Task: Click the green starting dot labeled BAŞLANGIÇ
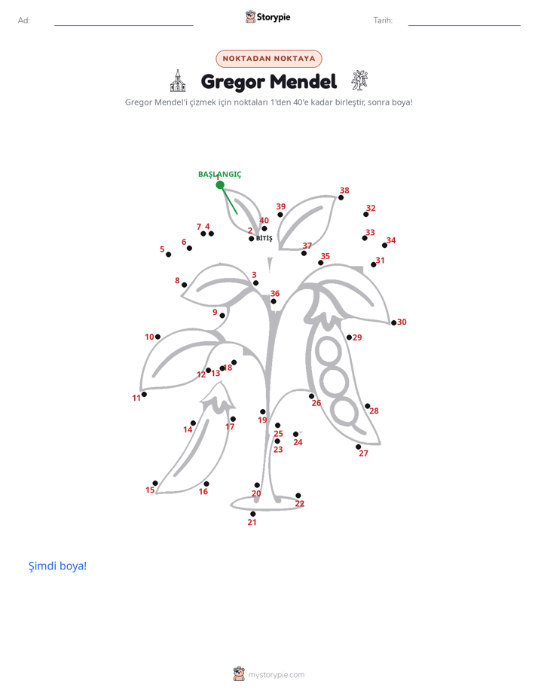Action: pyautogui.click(x=220, y=185)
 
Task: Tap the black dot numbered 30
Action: pyautogui.click(x=394, y=322)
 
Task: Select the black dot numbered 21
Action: pyautogui.click(x=253, y=514)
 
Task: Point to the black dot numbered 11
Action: pyautogui.click(x=144, y=394)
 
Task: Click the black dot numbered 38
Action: pyautogui.click(x=341, y=197)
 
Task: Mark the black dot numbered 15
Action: pyautogui.click(x=155, y=483)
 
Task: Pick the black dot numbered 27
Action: pyautogui.click(x=358, y=447)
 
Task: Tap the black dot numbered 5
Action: pyautogui.click(x=168, y=255)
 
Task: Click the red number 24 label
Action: pyautogui.click(x=298, y=442)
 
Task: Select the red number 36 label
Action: pyautogui.click(x=275, y=294)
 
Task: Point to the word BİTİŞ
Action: pyautogui.click(x=264, y=238)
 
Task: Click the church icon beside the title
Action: pyautogui.click(x=178, y=81)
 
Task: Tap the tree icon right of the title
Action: pyautogui.click(x=359, y=81)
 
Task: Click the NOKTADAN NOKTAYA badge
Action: pyautogui.click(x=269, y=59)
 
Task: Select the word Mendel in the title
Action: pyautogui.click(x=303, y=81)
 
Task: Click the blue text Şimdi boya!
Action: pyautogui.click(x=58, y=566)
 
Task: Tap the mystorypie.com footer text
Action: pyautogui.click(x=276, y=675)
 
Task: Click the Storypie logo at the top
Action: pyautogui.click(x=268, y=17)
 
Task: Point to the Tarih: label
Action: pyautogui.click(x=383, y=20)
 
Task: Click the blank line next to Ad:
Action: pyautogui.click(x=124, y=25)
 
